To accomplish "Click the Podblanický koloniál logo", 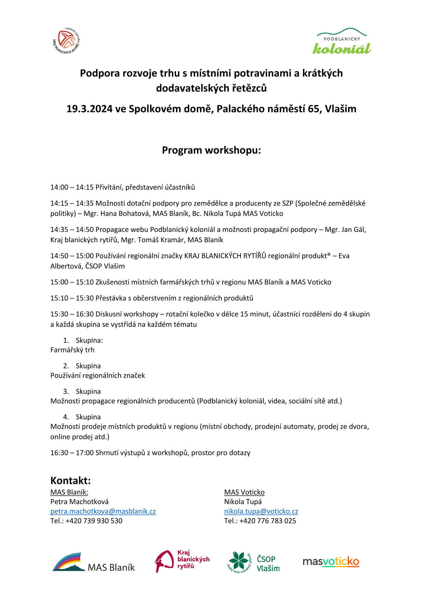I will (x=342, y=42).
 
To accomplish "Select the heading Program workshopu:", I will (x=211, y=150).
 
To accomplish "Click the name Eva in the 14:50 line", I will (x=344, y=256).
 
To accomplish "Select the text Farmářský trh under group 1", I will (x=72, y=350).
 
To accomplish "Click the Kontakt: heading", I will (x=71, y=481).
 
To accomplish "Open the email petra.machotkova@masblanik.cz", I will (x=103, y=511).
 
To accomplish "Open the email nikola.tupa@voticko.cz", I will (x=261, y=511).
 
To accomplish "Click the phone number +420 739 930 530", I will (x=94, y=521).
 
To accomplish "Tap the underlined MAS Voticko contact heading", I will (x=244, y=492).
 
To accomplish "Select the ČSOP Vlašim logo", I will (x=253, y=562).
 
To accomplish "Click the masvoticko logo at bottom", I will (x=331, y=561).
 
